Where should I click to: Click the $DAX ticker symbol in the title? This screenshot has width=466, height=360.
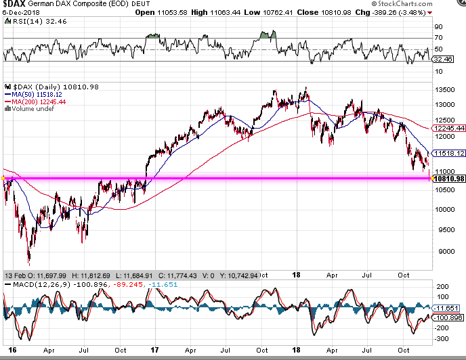pyautogui.click(x=14, y=3)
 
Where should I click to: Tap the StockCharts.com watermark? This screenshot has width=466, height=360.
pyautogui.click(x=402, y=4)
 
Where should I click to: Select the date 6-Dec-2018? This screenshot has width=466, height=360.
pyautogui.click(x=21, y=13)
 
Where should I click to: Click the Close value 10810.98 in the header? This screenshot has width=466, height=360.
pyautogui.click(x=324, y=12)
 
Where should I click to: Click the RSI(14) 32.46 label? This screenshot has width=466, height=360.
pyautogui.click(x=40, y=22)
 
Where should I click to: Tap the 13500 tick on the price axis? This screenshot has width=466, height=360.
pyautogui.click(x=444, y=90)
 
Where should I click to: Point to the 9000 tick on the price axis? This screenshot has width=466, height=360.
pyautogui.click(x=446, y=251)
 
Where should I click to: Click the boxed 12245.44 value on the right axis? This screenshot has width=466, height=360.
pyautogui.click(x=449, y=128)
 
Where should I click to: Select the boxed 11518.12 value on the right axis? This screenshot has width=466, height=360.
pyautogui.click(x=449, y=153)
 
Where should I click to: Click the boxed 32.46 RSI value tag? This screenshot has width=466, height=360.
pyautogui.click(x=443, y=59)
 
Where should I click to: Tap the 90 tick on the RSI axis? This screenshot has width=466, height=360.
pyautogui.click(x=439, y=27)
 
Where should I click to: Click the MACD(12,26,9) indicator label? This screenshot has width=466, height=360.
pyautogui.click(x=41, y=285)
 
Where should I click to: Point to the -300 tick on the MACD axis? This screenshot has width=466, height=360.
pyautogui.click(x=442, y=338)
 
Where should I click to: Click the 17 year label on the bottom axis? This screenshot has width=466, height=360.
pyautogui.click(x=154, y=350)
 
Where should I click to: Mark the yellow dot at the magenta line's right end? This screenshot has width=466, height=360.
pyautogui.click(x=432, y=178)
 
